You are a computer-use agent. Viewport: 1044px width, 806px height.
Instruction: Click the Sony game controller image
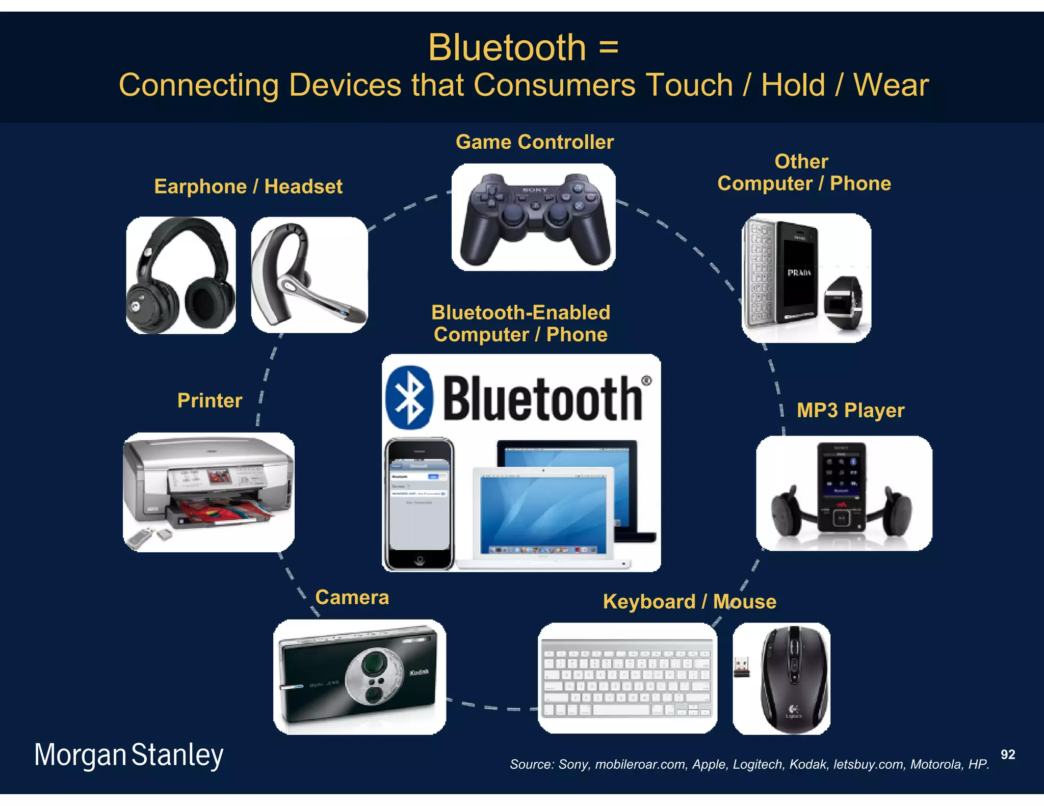tap(534, 218)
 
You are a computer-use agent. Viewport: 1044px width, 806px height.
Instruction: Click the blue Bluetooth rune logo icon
tap(409, 397)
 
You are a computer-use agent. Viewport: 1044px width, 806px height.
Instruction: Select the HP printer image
tap(208, 492)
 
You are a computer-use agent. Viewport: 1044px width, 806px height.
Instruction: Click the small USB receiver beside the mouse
tap(742, 667)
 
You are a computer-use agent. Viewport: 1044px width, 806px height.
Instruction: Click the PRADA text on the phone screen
tap(799, 273)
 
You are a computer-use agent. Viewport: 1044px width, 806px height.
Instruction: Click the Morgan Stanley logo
tap(129, 755)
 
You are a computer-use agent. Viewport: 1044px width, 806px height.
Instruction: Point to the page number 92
tap(1007, 755)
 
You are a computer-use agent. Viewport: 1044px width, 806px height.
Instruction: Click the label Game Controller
tap(534, 142)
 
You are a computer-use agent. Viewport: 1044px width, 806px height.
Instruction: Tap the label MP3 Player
tap(850, 411)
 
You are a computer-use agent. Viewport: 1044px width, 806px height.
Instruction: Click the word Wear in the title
tap(891, 85)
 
